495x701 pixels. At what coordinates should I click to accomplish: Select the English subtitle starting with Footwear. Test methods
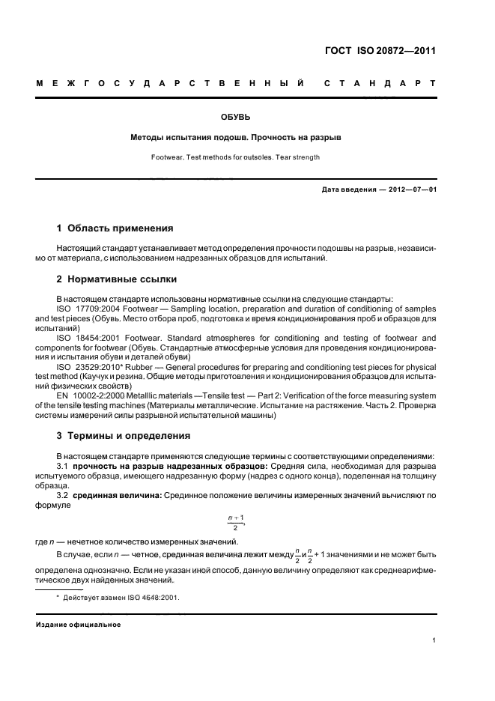click(x=236, y=157)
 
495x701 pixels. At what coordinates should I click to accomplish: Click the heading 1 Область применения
click(x=115, y=228)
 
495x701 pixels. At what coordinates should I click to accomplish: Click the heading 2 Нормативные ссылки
click(x=117, y=279)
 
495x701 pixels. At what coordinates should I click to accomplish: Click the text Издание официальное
click(x=79, y=625)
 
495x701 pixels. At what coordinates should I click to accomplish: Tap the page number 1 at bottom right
click(x=434, y=640)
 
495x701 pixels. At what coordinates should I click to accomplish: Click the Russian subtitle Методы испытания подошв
click(x=236, y=138)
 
